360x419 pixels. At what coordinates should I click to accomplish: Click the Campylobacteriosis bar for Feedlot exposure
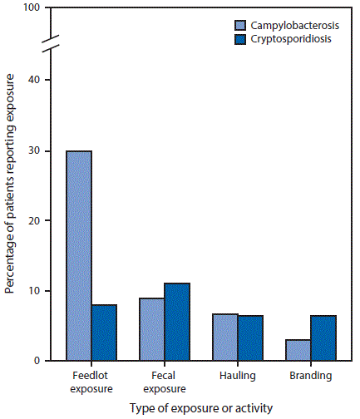pos(79,256)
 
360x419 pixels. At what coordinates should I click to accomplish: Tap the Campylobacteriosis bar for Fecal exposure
pos(150,329)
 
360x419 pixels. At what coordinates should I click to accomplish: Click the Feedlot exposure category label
pos(92,382)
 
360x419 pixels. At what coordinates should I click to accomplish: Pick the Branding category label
pos(311,376)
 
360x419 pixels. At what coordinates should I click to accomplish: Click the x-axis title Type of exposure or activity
pos(201,409)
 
